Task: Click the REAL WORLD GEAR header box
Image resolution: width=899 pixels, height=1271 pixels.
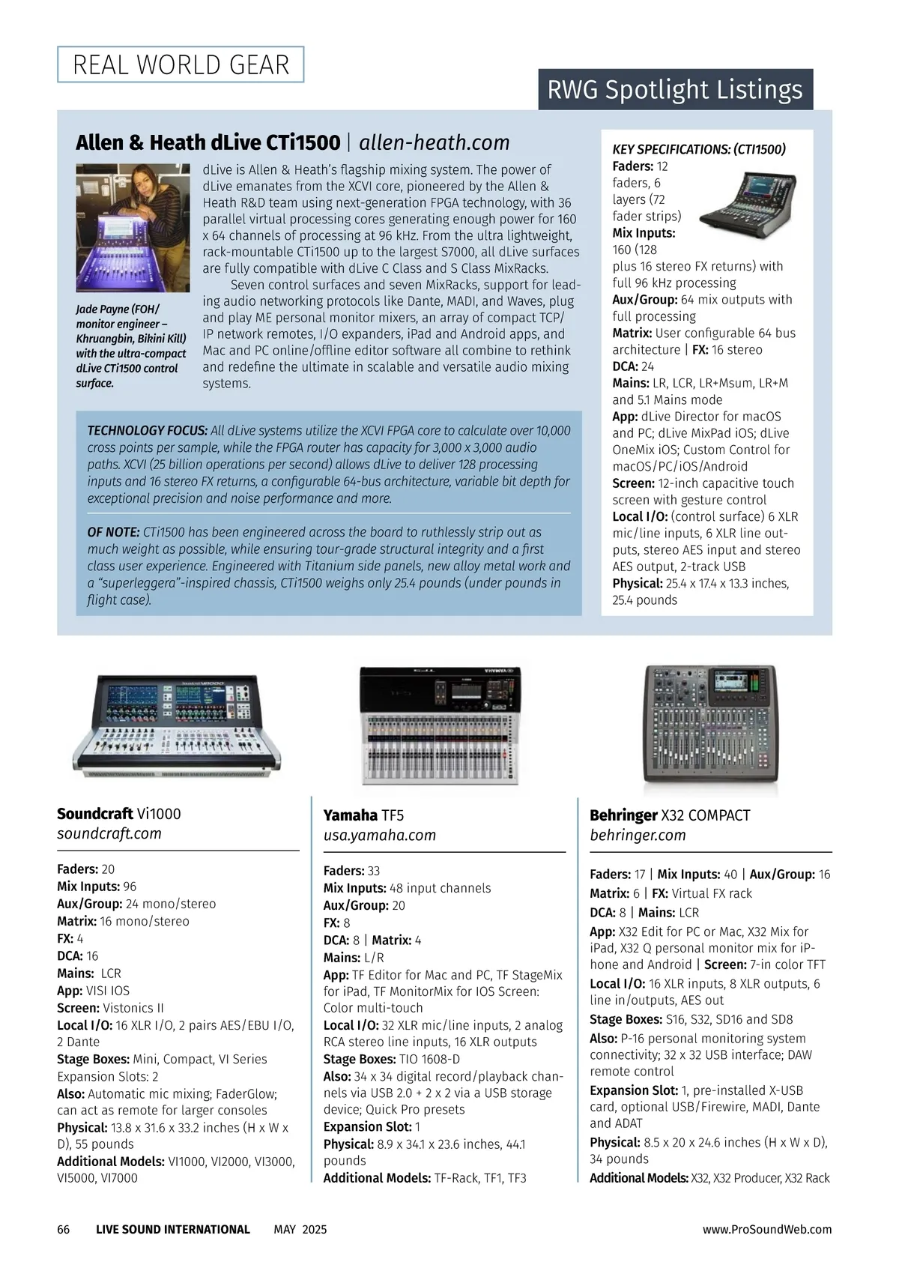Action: coord(181,64)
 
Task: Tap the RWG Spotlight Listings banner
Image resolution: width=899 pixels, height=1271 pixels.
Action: coord(675,89)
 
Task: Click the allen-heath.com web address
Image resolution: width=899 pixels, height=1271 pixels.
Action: coord(434,142)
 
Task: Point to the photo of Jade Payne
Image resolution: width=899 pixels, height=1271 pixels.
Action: coord(133,228)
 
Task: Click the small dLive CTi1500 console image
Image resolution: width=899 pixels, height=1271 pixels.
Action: coord(747,199)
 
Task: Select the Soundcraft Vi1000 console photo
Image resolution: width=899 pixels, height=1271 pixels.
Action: coord(177,723)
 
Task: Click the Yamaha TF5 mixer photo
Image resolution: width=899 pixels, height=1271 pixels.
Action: coord(441,725)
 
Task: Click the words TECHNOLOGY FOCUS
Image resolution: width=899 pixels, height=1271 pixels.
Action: coord(147,431)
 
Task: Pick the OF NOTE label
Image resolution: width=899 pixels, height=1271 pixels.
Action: coord(113,532)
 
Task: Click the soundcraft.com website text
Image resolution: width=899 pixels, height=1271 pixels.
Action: coord(109,833)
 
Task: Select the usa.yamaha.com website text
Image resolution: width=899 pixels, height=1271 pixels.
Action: coord(379,835)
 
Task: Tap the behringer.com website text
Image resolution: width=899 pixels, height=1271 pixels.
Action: coord(638,835)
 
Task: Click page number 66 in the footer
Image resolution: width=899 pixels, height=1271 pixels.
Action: coord(64,1230)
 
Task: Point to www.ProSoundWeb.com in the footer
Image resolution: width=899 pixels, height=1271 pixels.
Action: coord(766,1230)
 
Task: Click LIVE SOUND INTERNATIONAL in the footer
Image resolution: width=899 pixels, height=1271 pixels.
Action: coord(172,1230)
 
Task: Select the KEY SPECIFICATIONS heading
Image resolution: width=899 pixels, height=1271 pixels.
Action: coord(699,149)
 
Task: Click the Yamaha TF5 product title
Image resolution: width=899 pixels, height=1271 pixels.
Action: coord(363,815)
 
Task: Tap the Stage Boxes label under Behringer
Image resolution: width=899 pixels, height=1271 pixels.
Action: coord(626,1019)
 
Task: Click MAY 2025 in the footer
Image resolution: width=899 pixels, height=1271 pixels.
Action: coord(300,1230)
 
